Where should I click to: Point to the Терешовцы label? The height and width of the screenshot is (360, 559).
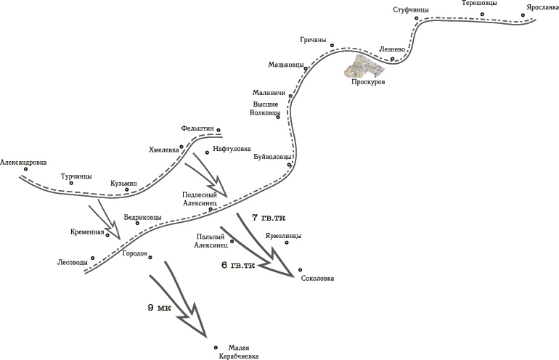pyautogui.click(x=480, y=4)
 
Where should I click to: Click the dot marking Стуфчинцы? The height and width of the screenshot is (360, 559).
pyautogui.click(x=417, y=17)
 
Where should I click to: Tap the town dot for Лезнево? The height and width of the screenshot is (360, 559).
pyautogui.click(x=392, y=59)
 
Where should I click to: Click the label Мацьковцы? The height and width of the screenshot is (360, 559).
pyautogui.click(x=286, y=64)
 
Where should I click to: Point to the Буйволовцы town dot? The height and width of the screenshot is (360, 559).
pyautogui.click(x=289, y=165)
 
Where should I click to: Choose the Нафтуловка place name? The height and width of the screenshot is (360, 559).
pyautogui.click(x=232, y=146)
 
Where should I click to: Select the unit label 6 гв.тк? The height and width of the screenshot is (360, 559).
pyautogui.click(x=238, y=266)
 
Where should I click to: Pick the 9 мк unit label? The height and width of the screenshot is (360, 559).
pyautogui.click(x=159, y=308)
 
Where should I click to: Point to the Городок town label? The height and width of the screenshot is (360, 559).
pyautogui.click(x=134, y=253)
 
